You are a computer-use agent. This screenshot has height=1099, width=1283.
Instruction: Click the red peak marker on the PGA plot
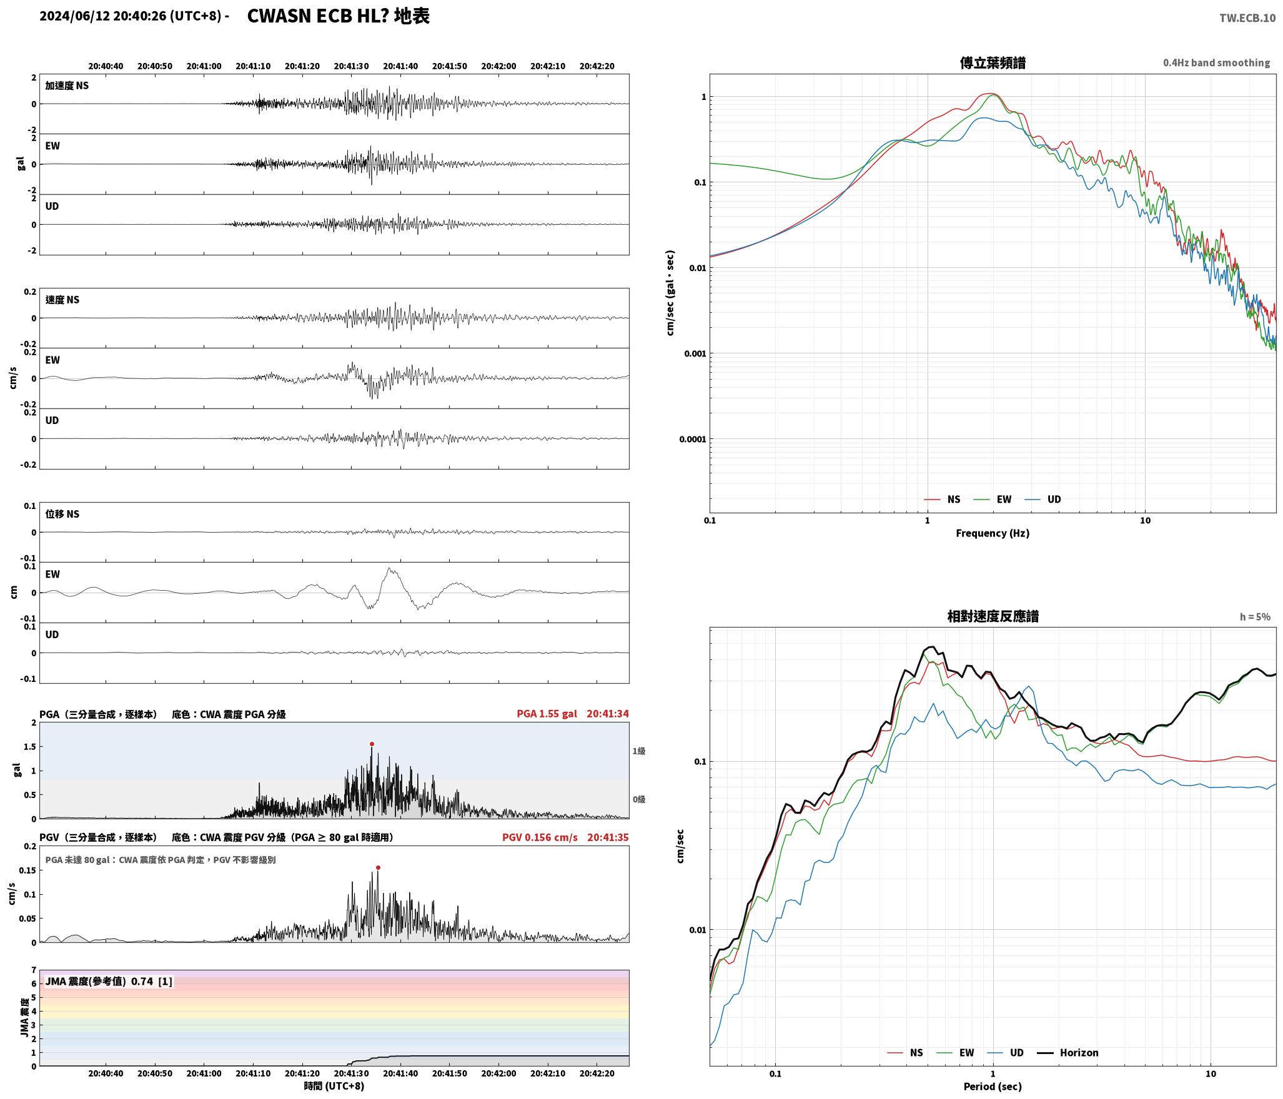(372, 744)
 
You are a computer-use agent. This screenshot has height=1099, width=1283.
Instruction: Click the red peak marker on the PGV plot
(378, 867)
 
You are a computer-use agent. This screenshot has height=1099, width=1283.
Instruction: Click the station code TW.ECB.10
(1247, 18)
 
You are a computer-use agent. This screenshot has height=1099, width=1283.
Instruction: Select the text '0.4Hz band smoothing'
(1216, 63)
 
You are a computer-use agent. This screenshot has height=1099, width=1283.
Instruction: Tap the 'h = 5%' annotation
(1255, 617)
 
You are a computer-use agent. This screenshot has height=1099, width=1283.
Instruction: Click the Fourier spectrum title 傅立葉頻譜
(993, 62)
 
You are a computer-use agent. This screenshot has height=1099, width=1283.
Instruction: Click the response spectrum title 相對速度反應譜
(993, 616)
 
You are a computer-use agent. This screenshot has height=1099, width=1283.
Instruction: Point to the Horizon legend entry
(1068, 1052)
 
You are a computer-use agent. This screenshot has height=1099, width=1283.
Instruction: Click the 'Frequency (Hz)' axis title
(993, 533)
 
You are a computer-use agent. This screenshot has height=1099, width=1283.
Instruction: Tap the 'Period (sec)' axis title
(993, 1086)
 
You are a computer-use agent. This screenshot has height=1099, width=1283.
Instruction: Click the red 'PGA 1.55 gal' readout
(547, 713)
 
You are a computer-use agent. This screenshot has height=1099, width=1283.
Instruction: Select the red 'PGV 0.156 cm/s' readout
(540, 837)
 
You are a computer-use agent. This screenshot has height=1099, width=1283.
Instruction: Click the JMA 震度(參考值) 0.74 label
(109, 981)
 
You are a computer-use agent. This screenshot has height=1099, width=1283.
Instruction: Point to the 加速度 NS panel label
(67, 86)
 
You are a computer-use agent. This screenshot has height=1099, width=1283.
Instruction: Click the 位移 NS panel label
(62, 514)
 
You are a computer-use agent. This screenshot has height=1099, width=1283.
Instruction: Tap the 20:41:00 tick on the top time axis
(204, 66)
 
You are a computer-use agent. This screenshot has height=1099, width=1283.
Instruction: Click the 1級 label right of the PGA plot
(638, 751)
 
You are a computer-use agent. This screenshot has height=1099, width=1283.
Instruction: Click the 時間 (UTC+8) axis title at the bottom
(334, 1086)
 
